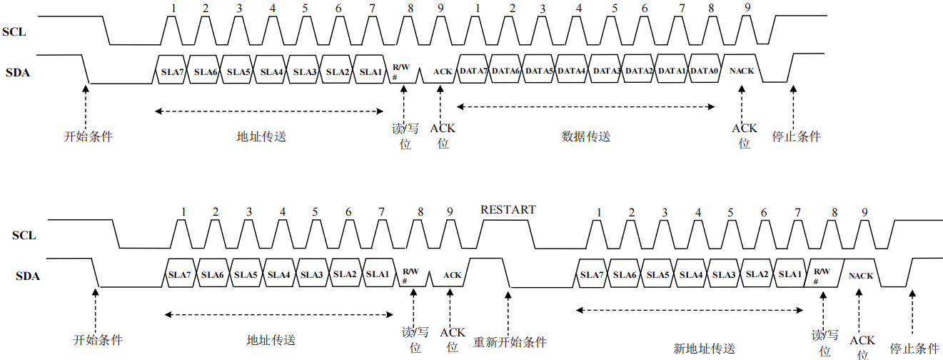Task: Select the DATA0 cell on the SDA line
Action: coord(704,71)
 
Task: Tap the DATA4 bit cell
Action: coord(572,71)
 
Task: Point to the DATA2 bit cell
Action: coord(640,71)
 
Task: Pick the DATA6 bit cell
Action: coord(506,71)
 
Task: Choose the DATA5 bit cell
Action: coord(539,71)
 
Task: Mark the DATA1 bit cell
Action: coord(672,71)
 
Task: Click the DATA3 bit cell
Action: coord(606,71)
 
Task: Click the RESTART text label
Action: coord(508,210)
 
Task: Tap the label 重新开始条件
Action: coord(510,342)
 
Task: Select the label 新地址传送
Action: coord(704,349)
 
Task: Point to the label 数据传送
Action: coord(586,136)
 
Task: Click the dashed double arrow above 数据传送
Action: coord(585,106)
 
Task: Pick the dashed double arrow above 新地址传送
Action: coord(689,310)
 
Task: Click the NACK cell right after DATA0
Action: coord(742,71)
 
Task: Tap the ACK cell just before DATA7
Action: coord(443,71)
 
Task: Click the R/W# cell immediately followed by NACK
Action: coord(822,275)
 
